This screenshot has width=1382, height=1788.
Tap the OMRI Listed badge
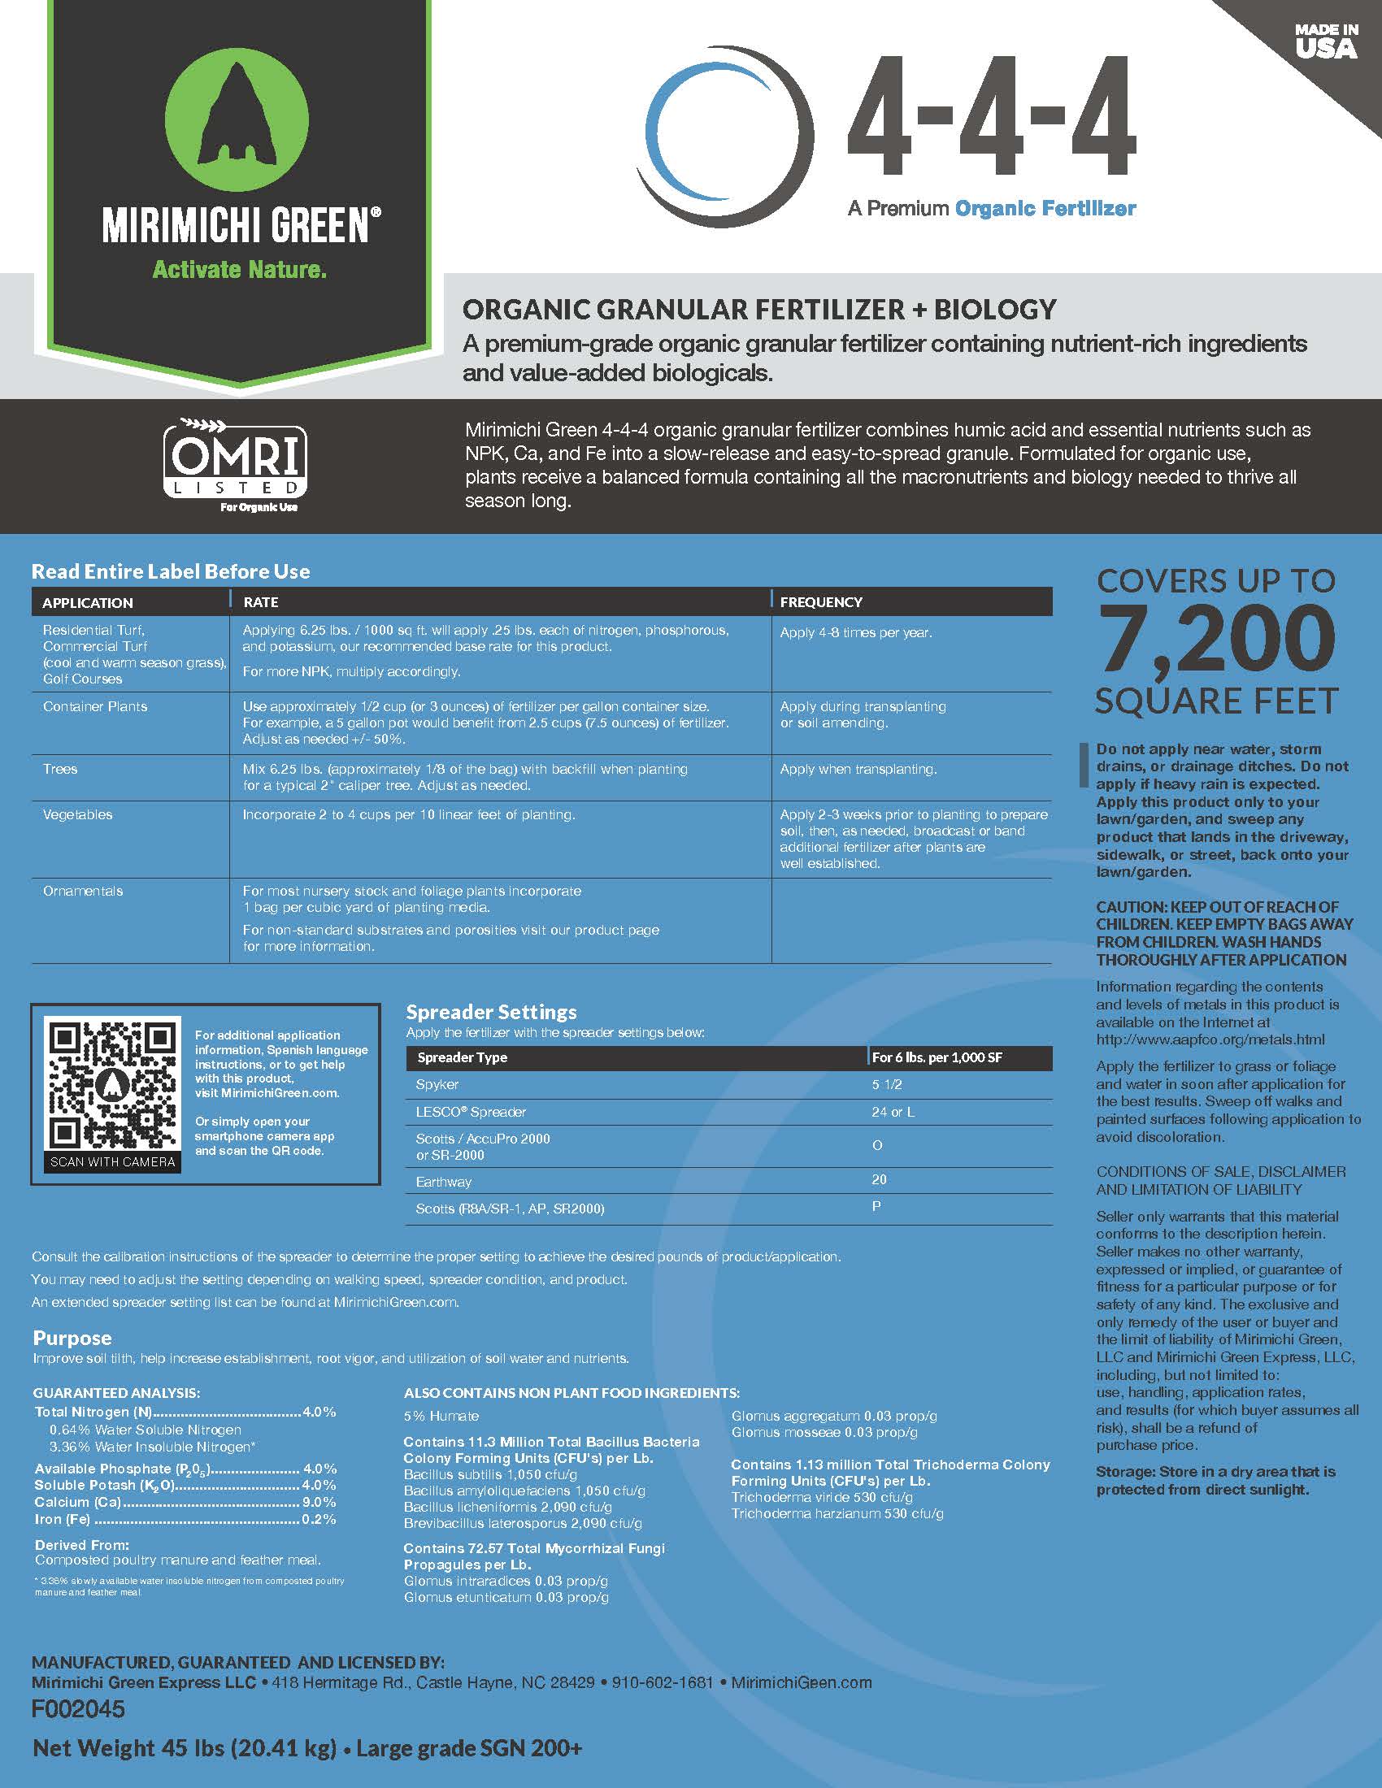(236, 464)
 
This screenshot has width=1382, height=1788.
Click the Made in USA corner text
(1326, 41)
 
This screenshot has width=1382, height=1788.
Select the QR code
(113, 1086)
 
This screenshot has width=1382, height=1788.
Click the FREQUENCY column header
(820, 601)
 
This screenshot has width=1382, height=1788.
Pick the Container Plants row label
(95, 706)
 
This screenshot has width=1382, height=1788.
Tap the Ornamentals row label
(83, 891)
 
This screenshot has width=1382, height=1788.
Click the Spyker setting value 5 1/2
(887, 1084)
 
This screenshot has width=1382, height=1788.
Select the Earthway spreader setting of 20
(880, 1180)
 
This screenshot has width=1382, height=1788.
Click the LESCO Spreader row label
(471, 1112)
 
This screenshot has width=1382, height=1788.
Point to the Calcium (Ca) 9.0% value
(319, 1502)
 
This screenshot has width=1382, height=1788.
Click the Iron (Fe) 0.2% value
(319, 1520)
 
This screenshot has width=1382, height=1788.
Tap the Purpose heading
(72, 1338)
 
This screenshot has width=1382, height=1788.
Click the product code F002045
(79, 1709)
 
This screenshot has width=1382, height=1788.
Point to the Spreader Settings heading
(491, 1012)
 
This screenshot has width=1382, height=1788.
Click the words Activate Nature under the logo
(239, 269)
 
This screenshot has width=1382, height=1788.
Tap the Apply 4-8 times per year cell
(855, 633)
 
